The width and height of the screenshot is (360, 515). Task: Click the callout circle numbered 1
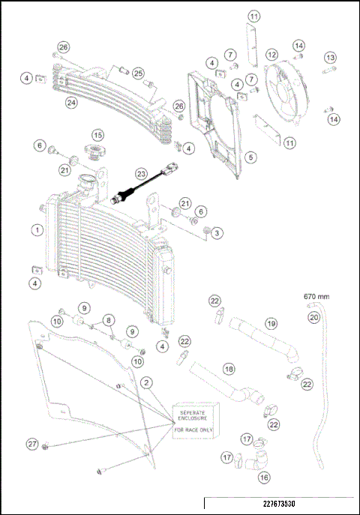pyautogui.click(x=35, y=230)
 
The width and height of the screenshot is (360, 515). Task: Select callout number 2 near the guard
pyautogui.click(x=148, y=382)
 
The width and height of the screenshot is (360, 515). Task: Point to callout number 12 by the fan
pyautogui.click(x=271, y=55)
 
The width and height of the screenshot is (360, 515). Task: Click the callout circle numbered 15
pyautogui.click(x=97, y=135)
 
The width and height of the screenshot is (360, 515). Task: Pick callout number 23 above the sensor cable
pyautogui.click(x=139, y=172)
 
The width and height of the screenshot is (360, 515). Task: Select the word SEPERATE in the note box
pyautogui.click(x=191, y=412)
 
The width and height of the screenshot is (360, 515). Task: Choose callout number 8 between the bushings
pyautogui.click(x=109, y=320)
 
